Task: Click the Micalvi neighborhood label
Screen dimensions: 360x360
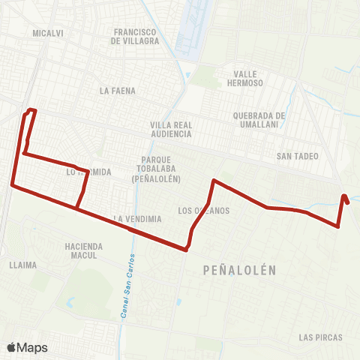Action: pyautogui.click(x=46, y=34)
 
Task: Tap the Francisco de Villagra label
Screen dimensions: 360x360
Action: pyautogui.click(x=135, y=37)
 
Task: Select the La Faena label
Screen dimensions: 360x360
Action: pyautogui.click(x=116, y=90)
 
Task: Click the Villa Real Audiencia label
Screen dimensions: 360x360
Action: pyautogui.click(x=171, y=129)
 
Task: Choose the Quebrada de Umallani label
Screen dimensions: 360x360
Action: pyautogui.click(x=259, y=120)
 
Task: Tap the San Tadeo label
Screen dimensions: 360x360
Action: pyautogui.click(x=298, y=156)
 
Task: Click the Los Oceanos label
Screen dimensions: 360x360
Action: pyautogui.click(x=205, y=210)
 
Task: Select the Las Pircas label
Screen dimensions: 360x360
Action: pyautogui.click(x=320, y=337)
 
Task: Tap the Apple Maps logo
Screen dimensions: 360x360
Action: pyautogui.click(x=27, y=347)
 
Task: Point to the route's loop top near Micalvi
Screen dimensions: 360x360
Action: pyautogui.click(x=31, y=111)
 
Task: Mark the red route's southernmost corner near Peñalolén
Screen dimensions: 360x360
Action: pyautogui.click(x=185, y=250)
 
